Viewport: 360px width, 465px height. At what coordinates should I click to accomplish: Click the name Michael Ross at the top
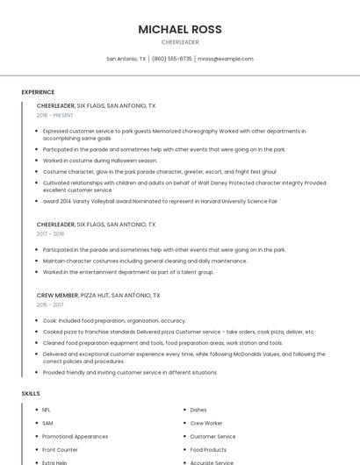point(180,29)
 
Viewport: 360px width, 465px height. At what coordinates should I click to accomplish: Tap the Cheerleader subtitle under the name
point(180,42)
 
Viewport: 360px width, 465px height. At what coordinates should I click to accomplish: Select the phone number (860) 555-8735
point(171,59)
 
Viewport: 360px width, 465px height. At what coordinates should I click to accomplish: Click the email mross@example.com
point(226,59)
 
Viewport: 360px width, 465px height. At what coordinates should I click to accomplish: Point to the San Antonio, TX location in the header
point(126,59)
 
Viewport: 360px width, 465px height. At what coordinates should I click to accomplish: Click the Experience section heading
point(38,92)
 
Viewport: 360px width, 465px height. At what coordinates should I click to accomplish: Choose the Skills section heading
point(31,394)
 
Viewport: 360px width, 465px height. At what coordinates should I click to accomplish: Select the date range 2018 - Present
point(54,115)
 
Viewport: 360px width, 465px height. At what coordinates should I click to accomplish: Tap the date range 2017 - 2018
point(50,234)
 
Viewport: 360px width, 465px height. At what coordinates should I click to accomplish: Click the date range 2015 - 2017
point(50,304)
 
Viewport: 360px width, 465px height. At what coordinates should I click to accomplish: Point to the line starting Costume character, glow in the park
point(159,172)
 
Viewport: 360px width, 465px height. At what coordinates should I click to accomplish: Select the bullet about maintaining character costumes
point(145,261)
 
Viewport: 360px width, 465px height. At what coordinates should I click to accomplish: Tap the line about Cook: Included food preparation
point(114,320)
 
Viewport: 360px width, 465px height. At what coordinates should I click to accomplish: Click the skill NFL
point(47,410)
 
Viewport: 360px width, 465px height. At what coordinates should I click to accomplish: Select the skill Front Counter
point(60,449)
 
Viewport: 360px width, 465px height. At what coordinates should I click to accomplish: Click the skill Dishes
point(198,410)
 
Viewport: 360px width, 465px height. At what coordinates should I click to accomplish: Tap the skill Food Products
point(208,449)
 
